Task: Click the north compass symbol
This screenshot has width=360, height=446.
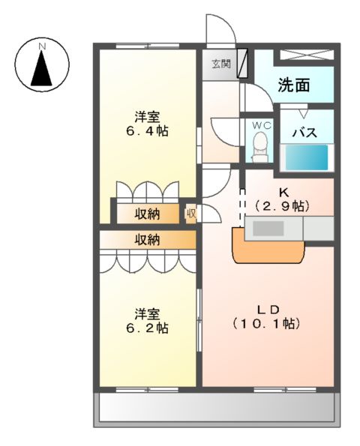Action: click(43, 64)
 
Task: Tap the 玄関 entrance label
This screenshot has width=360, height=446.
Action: click(220, 64)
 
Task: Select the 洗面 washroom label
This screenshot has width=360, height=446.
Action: click(294, 85)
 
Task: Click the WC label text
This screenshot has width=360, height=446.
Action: click(261, 124)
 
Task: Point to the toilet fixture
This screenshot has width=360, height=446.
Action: click(261, 145)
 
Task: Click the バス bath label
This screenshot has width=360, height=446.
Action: click(303, 133)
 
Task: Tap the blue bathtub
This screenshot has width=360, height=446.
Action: click(305, 157)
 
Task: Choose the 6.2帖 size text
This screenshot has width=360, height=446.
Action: click(147, 328)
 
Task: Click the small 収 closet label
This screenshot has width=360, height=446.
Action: click(191, 213)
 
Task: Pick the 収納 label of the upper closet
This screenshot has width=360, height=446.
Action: click(147, 214)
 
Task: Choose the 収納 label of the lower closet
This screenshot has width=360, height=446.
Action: click(147, 240)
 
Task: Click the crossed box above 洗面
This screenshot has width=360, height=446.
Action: click(307, 55)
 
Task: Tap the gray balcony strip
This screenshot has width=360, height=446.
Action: click(216, 409)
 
